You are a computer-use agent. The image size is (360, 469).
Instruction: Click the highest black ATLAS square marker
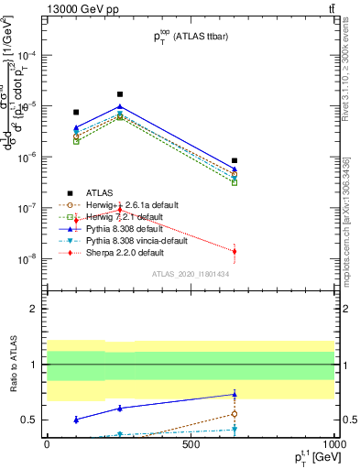click(120, 94)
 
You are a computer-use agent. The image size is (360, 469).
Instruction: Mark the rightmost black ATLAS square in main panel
click(235, 160)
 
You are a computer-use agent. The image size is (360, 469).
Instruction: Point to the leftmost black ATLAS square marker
click(76, 112)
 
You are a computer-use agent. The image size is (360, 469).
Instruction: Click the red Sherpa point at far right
click(235, 251)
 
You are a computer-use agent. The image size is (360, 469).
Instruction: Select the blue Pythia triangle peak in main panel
click(120, 106)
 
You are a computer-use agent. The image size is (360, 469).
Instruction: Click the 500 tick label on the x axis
click(191, 442)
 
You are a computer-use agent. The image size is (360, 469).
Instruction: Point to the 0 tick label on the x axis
click(47, 442)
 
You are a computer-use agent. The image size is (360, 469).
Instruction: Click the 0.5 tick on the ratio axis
click(29, 420)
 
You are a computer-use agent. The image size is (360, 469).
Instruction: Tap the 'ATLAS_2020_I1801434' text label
click(190, 274)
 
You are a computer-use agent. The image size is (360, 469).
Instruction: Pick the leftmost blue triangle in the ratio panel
click(76, 419)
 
